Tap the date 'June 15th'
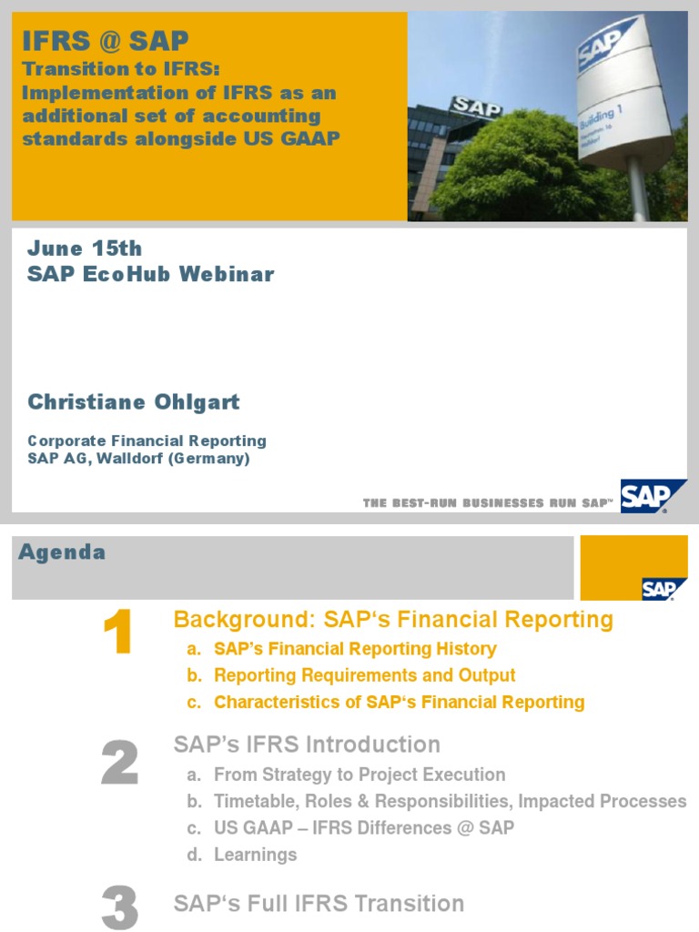[x=85, y=248]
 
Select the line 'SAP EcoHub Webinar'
[x=150, y=274]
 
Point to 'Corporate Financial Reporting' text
[x=147, y=441]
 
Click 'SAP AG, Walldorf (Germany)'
[x=138, y=459]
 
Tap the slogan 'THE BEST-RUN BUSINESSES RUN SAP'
[x=488, y=502]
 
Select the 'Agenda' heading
[x=62, y=552]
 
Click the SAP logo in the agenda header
[x=659, y=588]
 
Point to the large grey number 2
[x=119, y=763]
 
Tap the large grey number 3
[x=119, y=908]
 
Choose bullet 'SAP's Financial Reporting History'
[x=355, y=649]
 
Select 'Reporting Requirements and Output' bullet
[x=364, y=675]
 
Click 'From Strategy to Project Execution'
[x=360, y=775]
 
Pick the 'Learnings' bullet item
[x=255, y=855]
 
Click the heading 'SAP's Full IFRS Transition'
[x=319, y=904]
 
